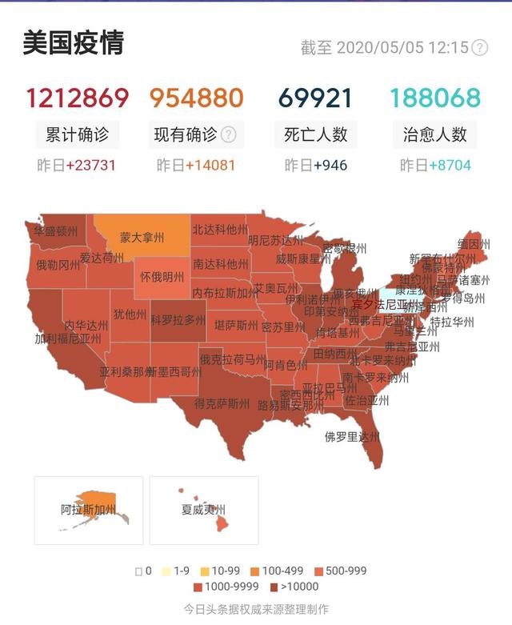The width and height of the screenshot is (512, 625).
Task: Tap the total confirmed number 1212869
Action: (77, 98)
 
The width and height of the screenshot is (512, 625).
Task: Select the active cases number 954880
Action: (196, 98)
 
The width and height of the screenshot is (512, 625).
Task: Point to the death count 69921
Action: (315, 98)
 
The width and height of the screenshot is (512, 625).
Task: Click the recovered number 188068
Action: (435, 98)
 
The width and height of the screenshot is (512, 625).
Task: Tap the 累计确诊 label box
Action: (77, 134)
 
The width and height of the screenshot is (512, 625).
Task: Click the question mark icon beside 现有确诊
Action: (229, 134)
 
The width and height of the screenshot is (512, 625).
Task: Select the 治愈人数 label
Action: (435, 134)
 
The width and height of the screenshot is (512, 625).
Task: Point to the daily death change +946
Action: (330, 166)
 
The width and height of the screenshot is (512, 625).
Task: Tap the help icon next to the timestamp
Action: (479, 47)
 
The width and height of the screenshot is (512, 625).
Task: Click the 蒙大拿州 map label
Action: (142, 238)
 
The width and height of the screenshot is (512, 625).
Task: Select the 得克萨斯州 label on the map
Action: (222, 403)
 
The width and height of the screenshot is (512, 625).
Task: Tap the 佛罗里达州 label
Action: (352, 437)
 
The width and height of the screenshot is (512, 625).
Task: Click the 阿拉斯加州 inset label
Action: (88, 510)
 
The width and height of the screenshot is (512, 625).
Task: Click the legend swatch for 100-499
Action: (254, 571)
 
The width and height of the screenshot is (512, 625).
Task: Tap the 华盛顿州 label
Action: (56, 231)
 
